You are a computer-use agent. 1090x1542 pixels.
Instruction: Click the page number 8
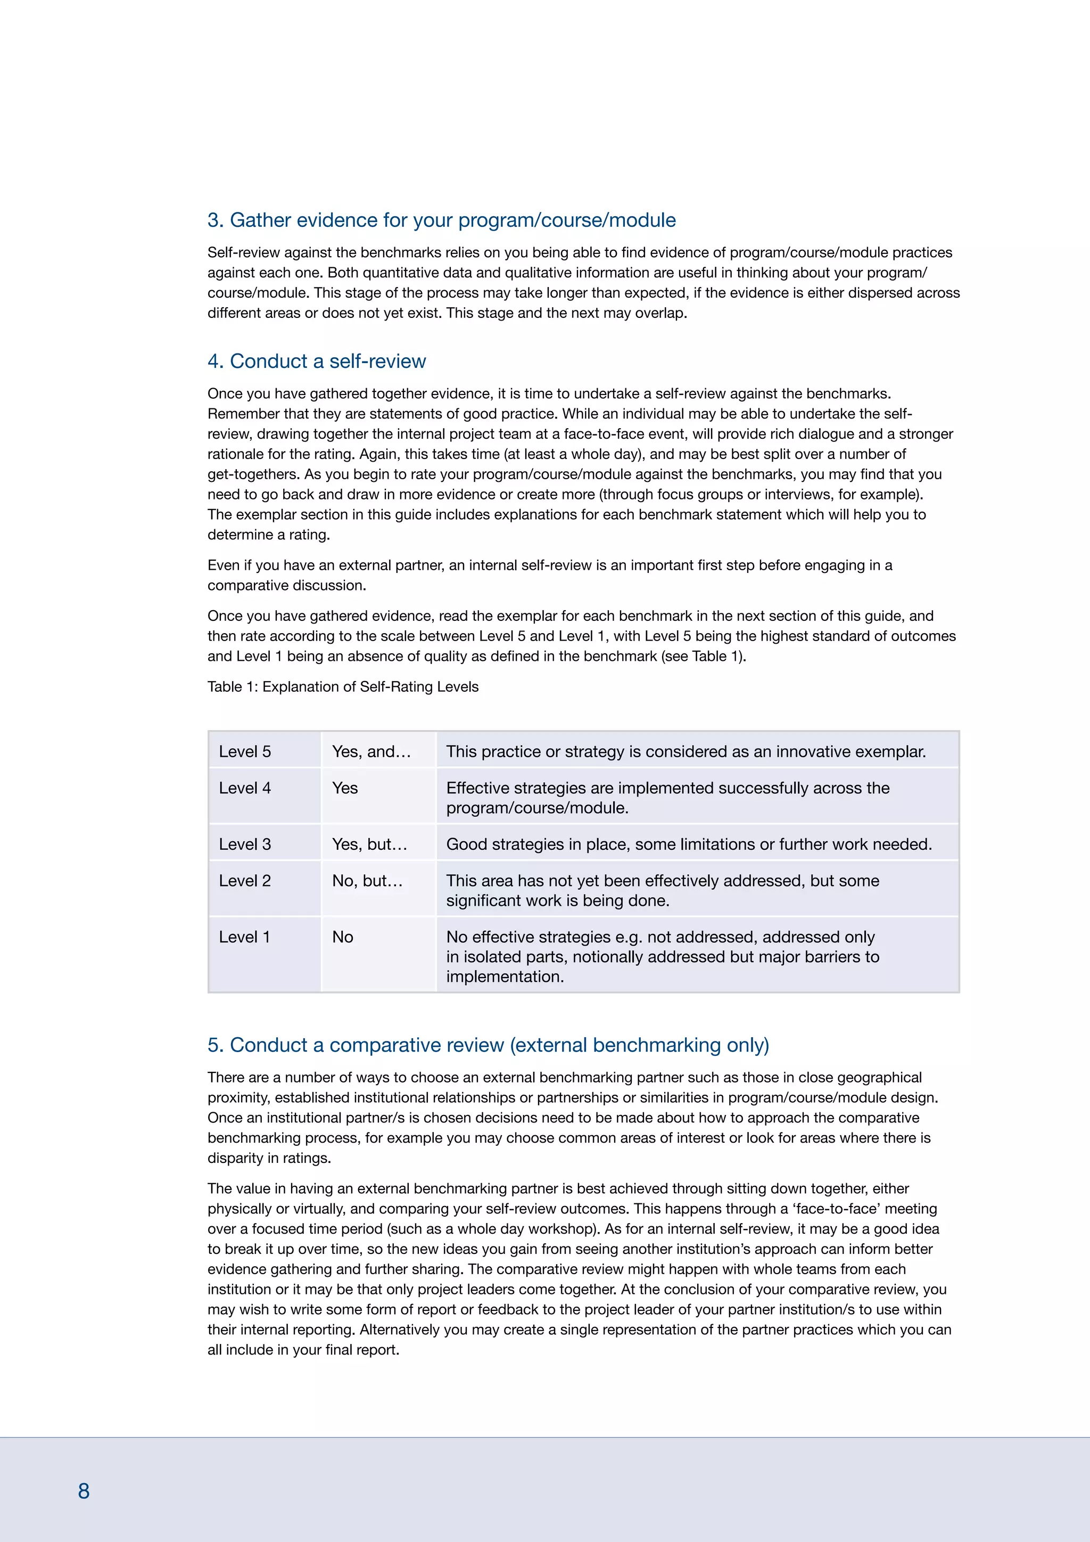[x=84, y=1491]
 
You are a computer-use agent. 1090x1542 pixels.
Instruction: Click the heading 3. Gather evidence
[x=441, y=220]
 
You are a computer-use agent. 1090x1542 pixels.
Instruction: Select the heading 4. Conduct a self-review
[x=316, y=362]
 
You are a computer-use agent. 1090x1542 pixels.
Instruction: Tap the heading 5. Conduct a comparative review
[x=488, y=1045]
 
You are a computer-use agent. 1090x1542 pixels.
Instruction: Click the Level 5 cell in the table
[x=245, y=751]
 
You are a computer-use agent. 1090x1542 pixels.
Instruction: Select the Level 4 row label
[x=245, y=788]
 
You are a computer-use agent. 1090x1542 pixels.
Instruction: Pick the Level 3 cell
[x=245, y=844]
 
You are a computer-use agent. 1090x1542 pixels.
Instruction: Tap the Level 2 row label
[x=245, y=881]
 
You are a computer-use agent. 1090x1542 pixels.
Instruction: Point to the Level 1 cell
[x=244, y=937]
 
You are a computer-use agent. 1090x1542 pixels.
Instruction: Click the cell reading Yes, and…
[x=371, y=751]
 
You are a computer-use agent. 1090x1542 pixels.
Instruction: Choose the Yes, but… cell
[x=370, y=844]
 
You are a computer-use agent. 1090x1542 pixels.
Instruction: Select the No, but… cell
[x=367, y=881]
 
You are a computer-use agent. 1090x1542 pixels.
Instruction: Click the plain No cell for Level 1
[x=342, y=937]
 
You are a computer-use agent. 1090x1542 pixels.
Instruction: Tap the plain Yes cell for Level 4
[x=345, y=788]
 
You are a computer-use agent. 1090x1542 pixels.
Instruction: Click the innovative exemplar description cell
[x=686, y=751]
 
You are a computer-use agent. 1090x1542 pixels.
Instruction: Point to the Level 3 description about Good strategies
[x=689, y=844]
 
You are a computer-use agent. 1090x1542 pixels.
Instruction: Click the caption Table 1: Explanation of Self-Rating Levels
[x=343, y=686]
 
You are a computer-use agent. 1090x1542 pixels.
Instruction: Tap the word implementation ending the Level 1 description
[x=505, y=977]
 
